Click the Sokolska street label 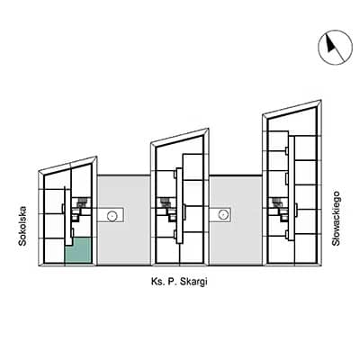point(22,226)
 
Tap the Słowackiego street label point(336,219)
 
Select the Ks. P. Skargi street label point(179,282)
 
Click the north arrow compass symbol point(335,48)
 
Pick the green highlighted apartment point(78,251)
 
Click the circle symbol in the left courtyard point(112,215)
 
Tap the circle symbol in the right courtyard point(222,214)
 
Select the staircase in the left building point(81,203)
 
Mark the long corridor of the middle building point(179,205)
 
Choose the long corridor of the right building point(292,188)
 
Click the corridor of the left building point(68,215)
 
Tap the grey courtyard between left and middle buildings point(124,220)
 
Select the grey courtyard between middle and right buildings point(236,220)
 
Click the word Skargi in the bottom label point(193,283)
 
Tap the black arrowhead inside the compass point(330,44)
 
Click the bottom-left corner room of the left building point(54,251)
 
